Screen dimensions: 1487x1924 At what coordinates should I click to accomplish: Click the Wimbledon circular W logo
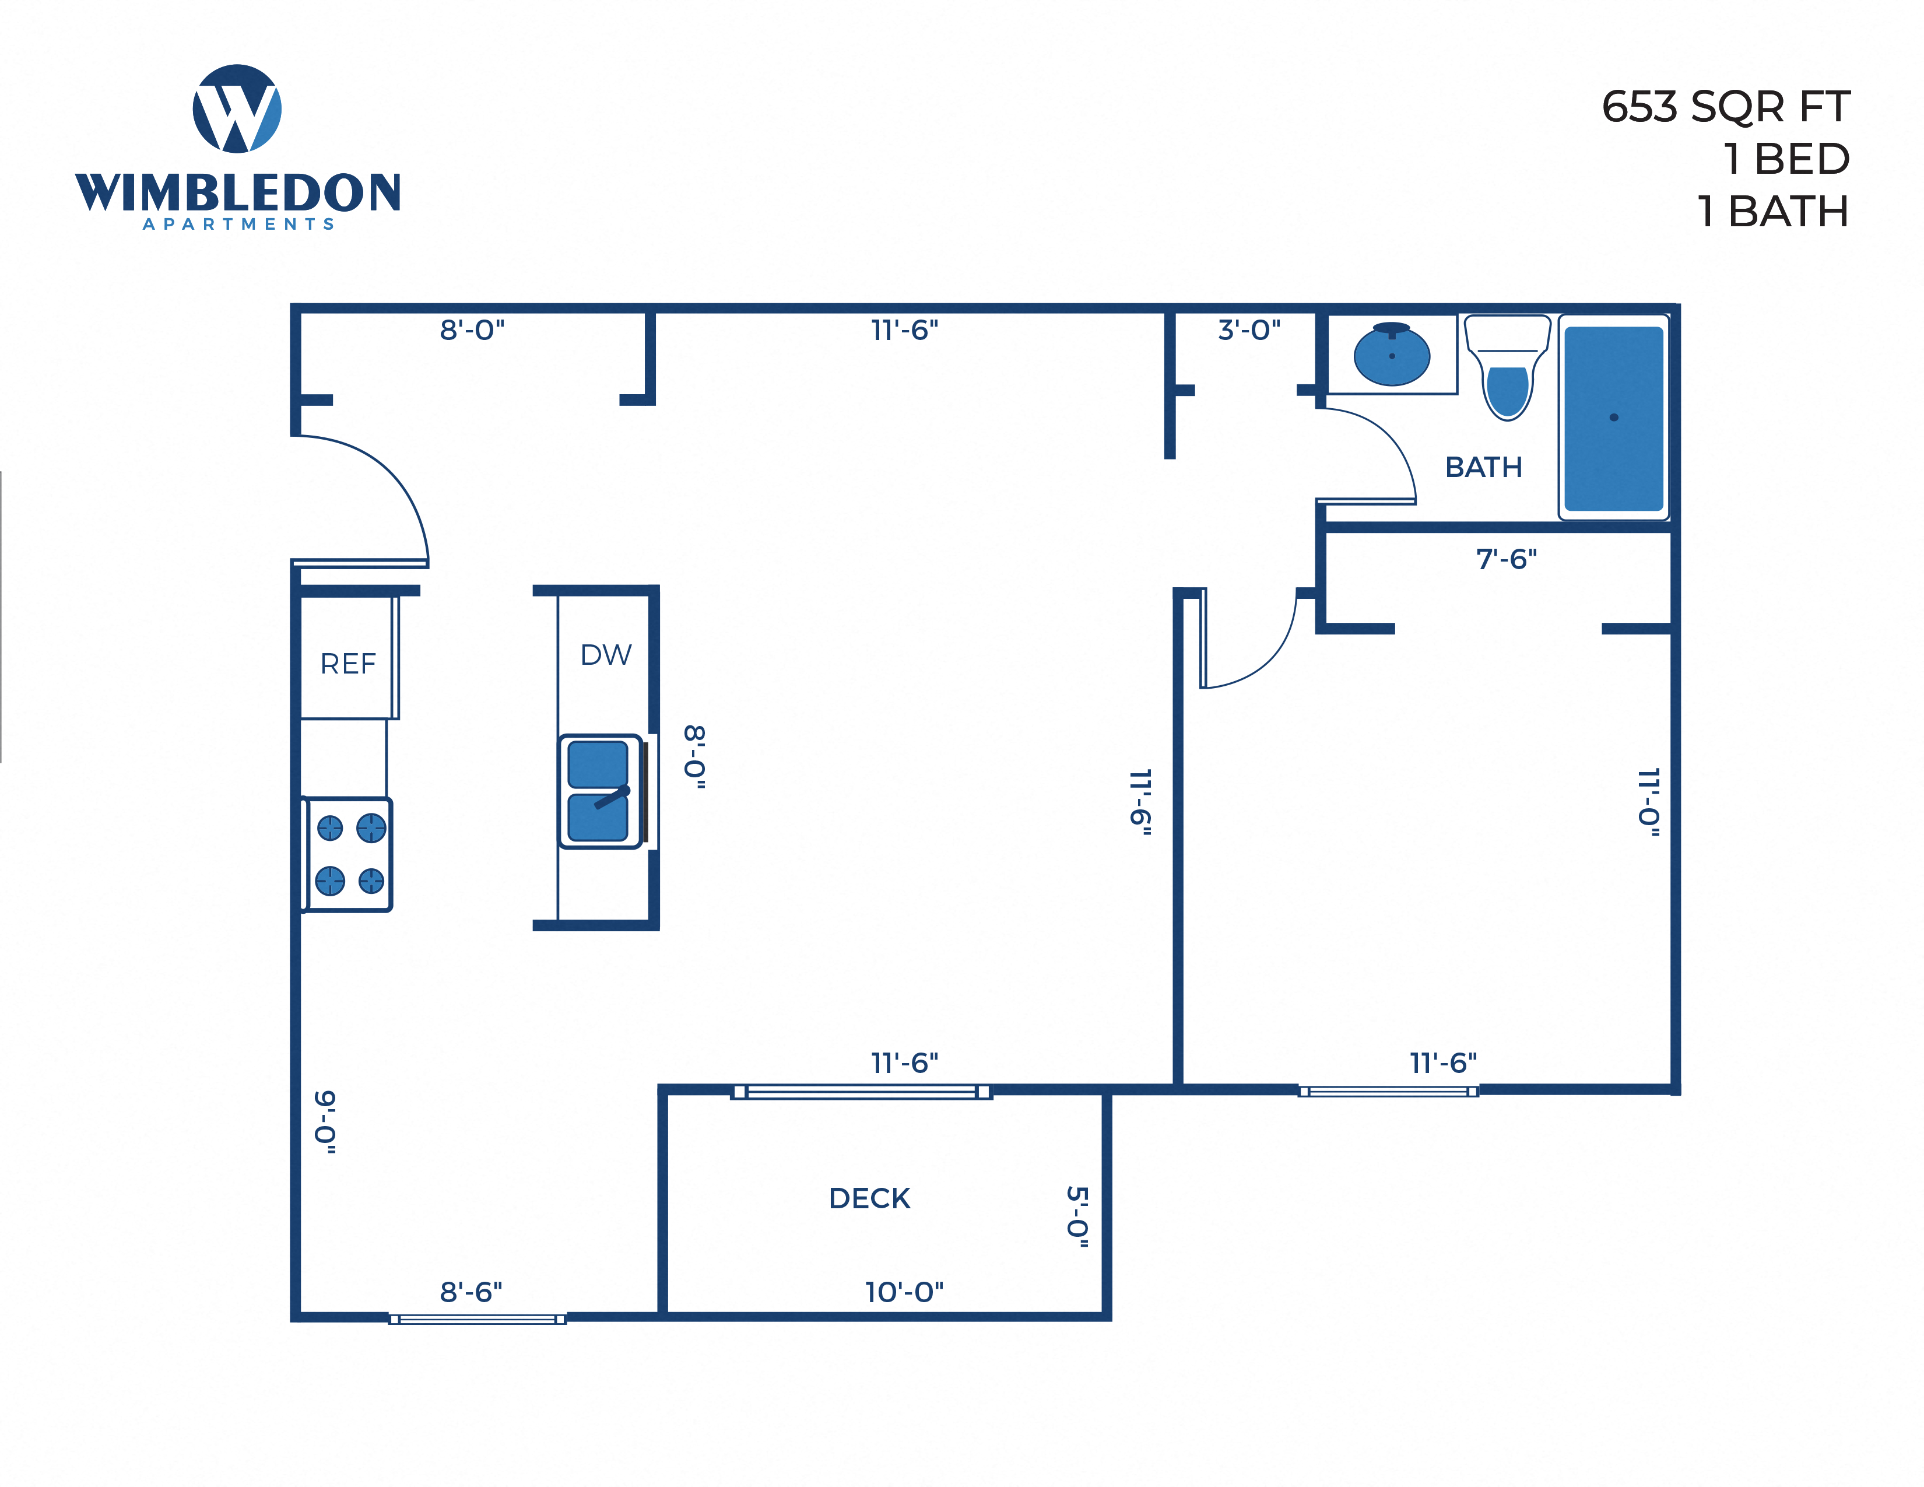click(237, 108)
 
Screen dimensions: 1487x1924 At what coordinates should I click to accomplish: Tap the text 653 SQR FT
click(1725, 107)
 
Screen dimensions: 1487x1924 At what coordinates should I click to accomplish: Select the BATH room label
click(1484, 467)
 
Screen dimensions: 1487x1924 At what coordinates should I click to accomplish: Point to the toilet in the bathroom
click(1507, 370)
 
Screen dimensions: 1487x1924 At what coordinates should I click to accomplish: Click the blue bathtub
click(1613, 418)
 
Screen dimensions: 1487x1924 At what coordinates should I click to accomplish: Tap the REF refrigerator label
click(348, 664)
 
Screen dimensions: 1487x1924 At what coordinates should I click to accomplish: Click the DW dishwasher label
click(606, 654)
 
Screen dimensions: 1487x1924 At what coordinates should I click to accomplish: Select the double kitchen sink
click(599, 791)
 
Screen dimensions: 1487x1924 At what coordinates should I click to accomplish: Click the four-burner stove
click(349, 854)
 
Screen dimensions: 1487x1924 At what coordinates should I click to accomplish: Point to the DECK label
click(869, 1198)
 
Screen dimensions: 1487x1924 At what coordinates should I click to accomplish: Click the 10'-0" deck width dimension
click(904, 1292)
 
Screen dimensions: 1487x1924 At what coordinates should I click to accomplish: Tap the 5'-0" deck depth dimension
click(1077, 1216)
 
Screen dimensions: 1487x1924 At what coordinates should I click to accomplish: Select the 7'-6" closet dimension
click(1507, 559)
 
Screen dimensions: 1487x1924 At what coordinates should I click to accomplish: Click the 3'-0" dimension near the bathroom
click(1249, 330)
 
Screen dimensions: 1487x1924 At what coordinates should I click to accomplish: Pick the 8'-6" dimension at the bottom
click(471, 1292)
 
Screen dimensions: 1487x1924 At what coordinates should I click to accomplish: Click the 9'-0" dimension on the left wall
click(326, 1121)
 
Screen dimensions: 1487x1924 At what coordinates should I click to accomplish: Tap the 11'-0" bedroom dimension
click(1648, 802)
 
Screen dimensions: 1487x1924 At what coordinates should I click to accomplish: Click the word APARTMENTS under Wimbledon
click(238, 224)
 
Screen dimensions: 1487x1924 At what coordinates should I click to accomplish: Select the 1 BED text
click(1786, 159)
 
